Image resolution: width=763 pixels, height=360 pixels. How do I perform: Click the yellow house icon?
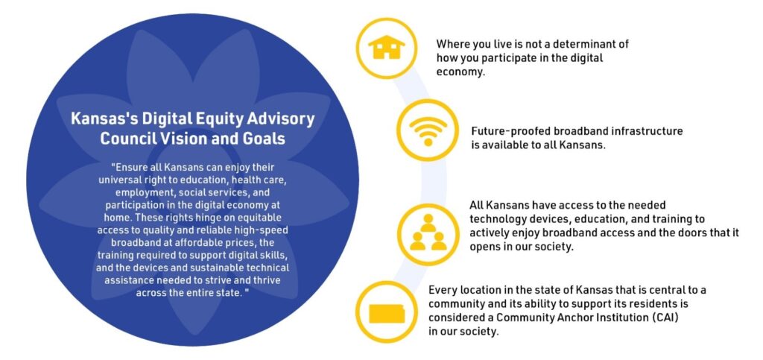(387, 47)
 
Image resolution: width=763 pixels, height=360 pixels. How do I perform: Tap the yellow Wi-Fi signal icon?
(428, 130)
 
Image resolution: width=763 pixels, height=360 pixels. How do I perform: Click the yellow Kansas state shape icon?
(387, 313)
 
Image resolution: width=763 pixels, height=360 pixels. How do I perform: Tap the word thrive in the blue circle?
(267, 280)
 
